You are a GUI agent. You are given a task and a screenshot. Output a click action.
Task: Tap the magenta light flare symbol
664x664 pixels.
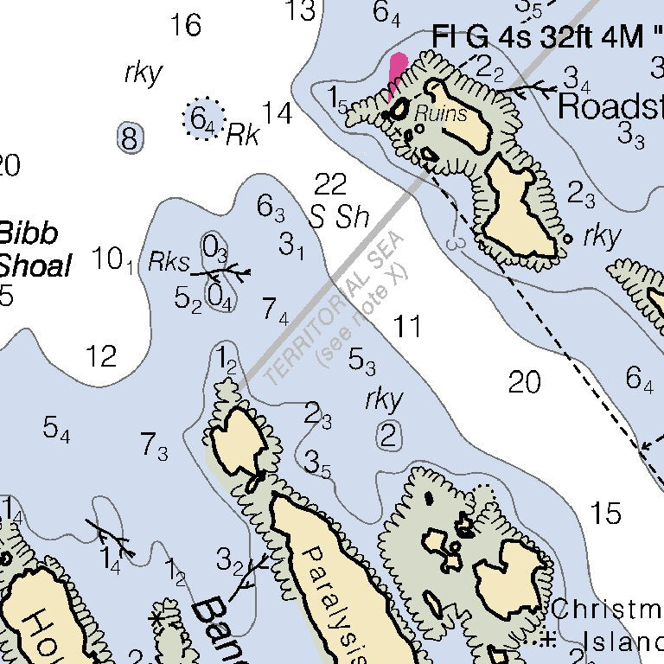pyautogui.click(x=397, y=73)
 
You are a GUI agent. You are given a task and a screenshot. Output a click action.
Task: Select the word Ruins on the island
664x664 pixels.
pyautogui.click(x=440, y=113)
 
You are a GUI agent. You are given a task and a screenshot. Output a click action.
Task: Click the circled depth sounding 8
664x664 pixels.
pyautogui.click(x=130, y=138)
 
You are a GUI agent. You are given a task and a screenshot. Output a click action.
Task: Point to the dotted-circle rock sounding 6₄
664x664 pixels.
pyautogui.click(x=203, y=118)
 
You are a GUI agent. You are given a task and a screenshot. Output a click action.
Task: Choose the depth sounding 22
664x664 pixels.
pyautogui.click(x=330, y=184)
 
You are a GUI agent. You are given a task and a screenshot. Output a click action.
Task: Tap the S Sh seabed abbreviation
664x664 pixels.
pyautogui.click(x=340, y=217)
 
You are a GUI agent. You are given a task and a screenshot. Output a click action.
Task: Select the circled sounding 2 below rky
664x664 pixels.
pyautogui.click(x=389, y=436)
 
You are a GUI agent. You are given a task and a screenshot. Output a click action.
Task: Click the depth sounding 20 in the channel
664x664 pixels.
pyautogui.click(x=524, y=381)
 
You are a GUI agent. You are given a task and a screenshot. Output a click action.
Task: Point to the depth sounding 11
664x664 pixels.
pyautogui.click(x=407, y=327)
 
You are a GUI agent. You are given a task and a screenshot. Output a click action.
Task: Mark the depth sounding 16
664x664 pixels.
pyautogui.click(x=185, y=25)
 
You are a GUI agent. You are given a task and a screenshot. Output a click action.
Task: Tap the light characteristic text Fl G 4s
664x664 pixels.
pyautogui.click(x=488, y=37)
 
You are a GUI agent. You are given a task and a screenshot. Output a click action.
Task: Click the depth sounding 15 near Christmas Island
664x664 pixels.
pyautogui.click(x=606, y=513)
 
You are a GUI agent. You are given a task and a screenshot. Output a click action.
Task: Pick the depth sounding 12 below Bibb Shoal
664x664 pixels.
pyautogui.click(x=101, y=355)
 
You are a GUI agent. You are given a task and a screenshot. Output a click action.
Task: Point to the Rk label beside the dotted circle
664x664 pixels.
pyautogui.click(x=243, y=135)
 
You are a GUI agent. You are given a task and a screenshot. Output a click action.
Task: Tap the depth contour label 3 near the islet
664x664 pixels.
pyautogui.click(x=456, y=243)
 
